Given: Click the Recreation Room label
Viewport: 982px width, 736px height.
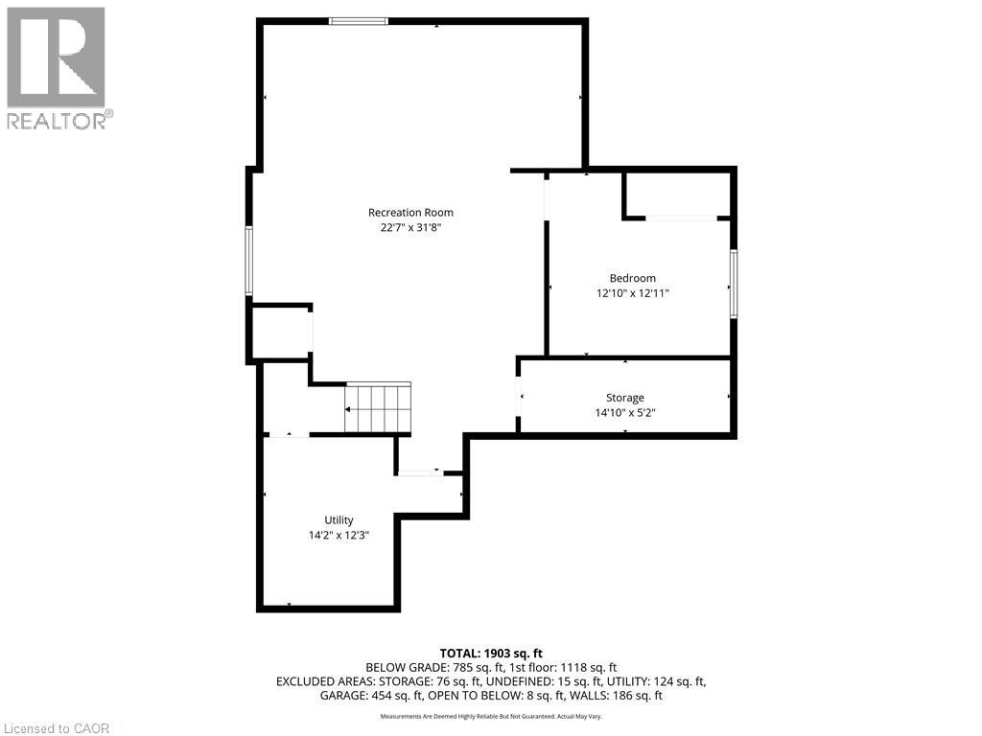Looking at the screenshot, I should click(x=410, y=213).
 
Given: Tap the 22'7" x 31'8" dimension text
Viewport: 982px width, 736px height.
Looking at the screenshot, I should click(x=410, y=228).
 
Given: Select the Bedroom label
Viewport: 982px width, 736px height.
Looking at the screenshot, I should click(x=632, y=279).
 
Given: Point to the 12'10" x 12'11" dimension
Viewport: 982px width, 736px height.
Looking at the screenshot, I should click(x=632, y=294).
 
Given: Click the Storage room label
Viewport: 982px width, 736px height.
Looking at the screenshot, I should click(x=624, y=398).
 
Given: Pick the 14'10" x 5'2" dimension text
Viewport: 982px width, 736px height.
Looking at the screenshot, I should click(x=624, y=413).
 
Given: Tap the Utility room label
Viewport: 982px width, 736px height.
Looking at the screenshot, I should click(x=339, y=520).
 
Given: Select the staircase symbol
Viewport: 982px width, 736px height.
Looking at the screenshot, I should click(x=378, y=407).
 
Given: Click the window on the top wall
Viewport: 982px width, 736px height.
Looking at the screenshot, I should click(x=359, y=21).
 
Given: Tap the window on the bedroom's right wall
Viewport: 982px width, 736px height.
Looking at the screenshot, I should click(x=734, y=283).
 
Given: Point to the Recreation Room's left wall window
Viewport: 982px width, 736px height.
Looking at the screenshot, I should click(x=249, y=261).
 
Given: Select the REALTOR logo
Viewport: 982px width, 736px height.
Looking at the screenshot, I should click(x=58, y=67).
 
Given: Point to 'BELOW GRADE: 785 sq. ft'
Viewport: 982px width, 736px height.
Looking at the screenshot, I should click(x=428, y=667).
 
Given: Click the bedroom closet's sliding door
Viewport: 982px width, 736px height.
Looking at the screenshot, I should click(x=681, y=218).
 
